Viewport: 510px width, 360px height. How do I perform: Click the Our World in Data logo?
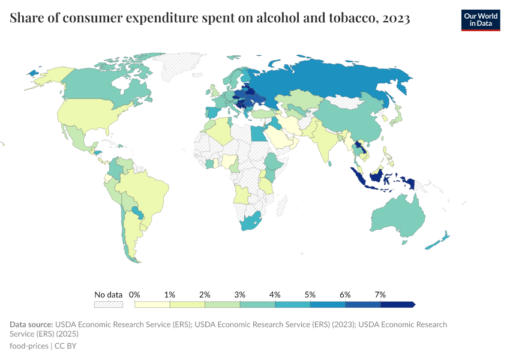pos(480,20)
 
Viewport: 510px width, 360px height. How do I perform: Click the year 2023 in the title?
pos(396,19)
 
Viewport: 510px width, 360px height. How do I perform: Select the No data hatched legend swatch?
pos(109,305)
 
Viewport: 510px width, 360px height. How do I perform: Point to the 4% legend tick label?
pos(275,295)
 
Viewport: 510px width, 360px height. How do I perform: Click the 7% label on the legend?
pos(380,295)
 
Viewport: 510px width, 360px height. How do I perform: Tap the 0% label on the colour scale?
pos(134,295)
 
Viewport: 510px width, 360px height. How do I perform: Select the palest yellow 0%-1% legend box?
pos(152,305)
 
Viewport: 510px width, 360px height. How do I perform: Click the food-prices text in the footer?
pos(29,346)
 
